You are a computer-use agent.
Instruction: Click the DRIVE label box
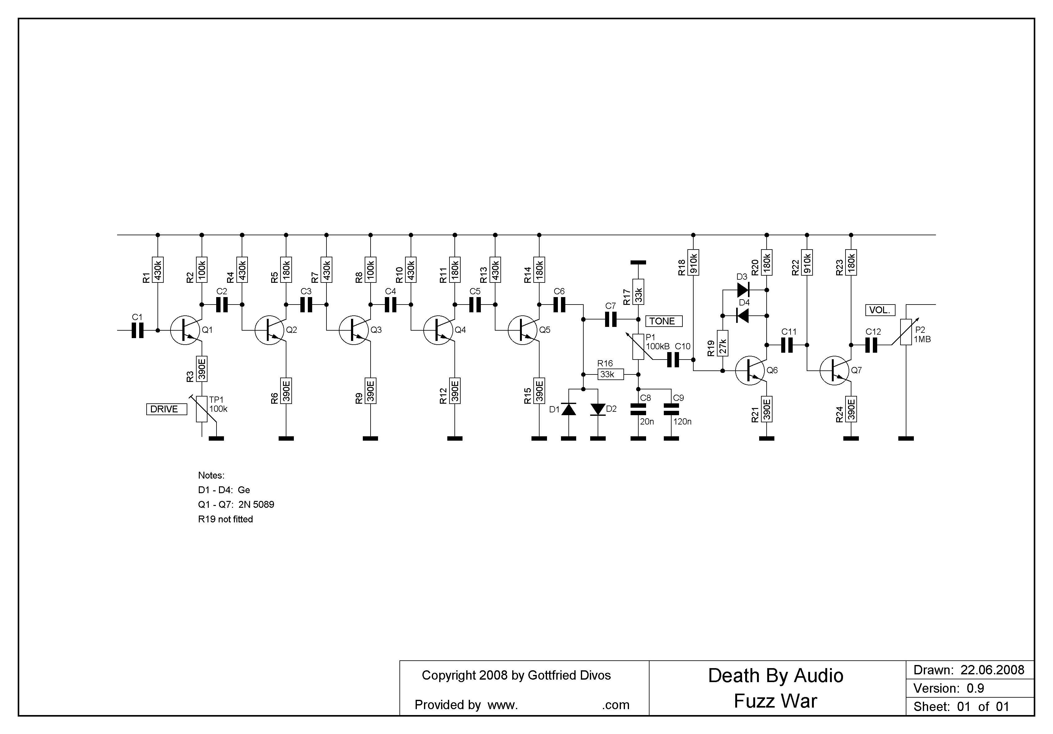pos(166,409)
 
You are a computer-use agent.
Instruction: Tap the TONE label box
pos(663,321)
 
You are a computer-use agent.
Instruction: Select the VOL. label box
pos(880,310)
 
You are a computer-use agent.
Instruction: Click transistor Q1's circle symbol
pos(185,330)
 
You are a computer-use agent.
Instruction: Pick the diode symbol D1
pos(569,409)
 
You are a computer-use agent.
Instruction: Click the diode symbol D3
pos(742,290)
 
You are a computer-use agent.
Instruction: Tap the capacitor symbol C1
pos(138,330)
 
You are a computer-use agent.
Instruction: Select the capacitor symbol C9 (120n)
pos(672,409)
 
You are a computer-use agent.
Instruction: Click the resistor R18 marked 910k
pos(693,262)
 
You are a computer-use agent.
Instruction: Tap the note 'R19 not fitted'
pos(225,519)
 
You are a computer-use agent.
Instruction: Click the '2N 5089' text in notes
pos(256,505)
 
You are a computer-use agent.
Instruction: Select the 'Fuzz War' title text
pos(775,701)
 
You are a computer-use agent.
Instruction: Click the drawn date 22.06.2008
pos(992,670)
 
